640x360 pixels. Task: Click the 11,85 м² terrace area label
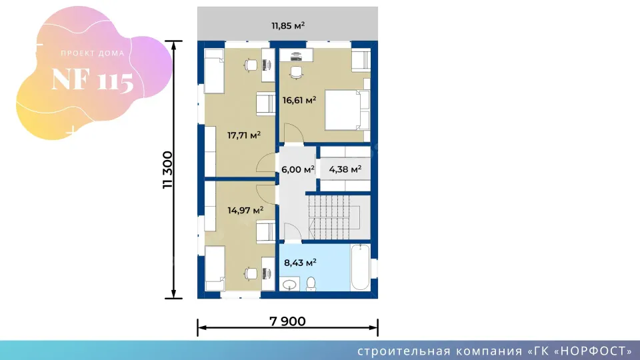click(x=288, y=26)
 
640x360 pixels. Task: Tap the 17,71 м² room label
click(x=244, y=135)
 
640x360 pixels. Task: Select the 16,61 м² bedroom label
click(x=299, y=100)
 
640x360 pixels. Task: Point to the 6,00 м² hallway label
click(x=297, y=169)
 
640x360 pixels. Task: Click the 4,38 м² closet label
click(x=345, y=169)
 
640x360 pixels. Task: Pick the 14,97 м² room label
click(x=245, y=211)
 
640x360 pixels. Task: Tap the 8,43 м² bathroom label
click(x=300, y=263)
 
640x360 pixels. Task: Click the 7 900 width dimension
click(x=287, y=321)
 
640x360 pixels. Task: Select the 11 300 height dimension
click(x=168, y=170)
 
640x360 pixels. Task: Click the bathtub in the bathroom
click(x=361, y=267)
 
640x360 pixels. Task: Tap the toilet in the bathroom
click(x=311, y=284)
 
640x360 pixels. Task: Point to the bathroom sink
click(x=290, y=284)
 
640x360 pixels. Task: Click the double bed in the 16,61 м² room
click(x=347, y=110)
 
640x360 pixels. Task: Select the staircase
click(x=339, y=217)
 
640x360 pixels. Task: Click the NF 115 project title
click(x=93, y=80)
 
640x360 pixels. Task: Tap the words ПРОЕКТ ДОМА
click(x=93, y=53)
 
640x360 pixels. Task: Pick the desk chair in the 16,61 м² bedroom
click(x=296, y=72)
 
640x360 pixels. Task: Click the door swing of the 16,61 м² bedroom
click(x=294, y=133)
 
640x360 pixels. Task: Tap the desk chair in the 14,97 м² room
click(x=251, y=273)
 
